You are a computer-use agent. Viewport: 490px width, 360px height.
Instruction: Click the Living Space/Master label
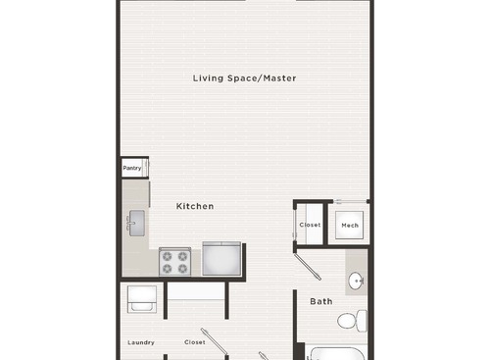tap(244, 77)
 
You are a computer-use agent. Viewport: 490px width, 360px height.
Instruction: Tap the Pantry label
tap(132, 168)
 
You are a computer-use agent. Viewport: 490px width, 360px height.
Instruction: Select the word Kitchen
tap(195, 206)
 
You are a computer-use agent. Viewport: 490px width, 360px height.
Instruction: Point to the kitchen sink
tap(136, 222)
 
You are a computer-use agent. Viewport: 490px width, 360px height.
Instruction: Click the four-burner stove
tap(174, 261)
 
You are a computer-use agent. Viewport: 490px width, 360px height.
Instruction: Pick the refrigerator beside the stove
tap(220, 258)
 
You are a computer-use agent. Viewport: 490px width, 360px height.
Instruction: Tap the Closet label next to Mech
tap(310, 225)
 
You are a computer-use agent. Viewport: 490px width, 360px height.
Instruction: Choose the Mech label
tap(350, 225)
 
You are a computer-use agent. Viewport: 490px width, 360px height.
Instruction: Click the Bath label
tap(321, 301)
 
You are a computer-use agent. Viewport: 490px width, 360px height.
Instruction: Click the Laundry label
tap(141, 342)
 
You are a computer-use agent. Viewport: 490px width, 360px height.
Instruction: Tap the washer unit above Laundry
tap(141, 298)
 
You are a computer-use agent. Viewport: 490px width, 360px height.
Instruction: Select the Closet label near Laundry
tap(194, 342)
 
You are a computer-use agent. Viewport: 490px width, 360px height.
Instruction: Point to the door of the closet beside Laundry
tap(212, 338)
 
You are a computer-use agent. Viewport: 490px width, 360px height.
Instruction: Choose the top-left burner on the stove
tap(168, 254)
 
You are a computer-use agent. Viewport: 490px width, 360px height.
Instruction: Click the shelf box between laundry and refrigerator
tap(196, 290)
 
